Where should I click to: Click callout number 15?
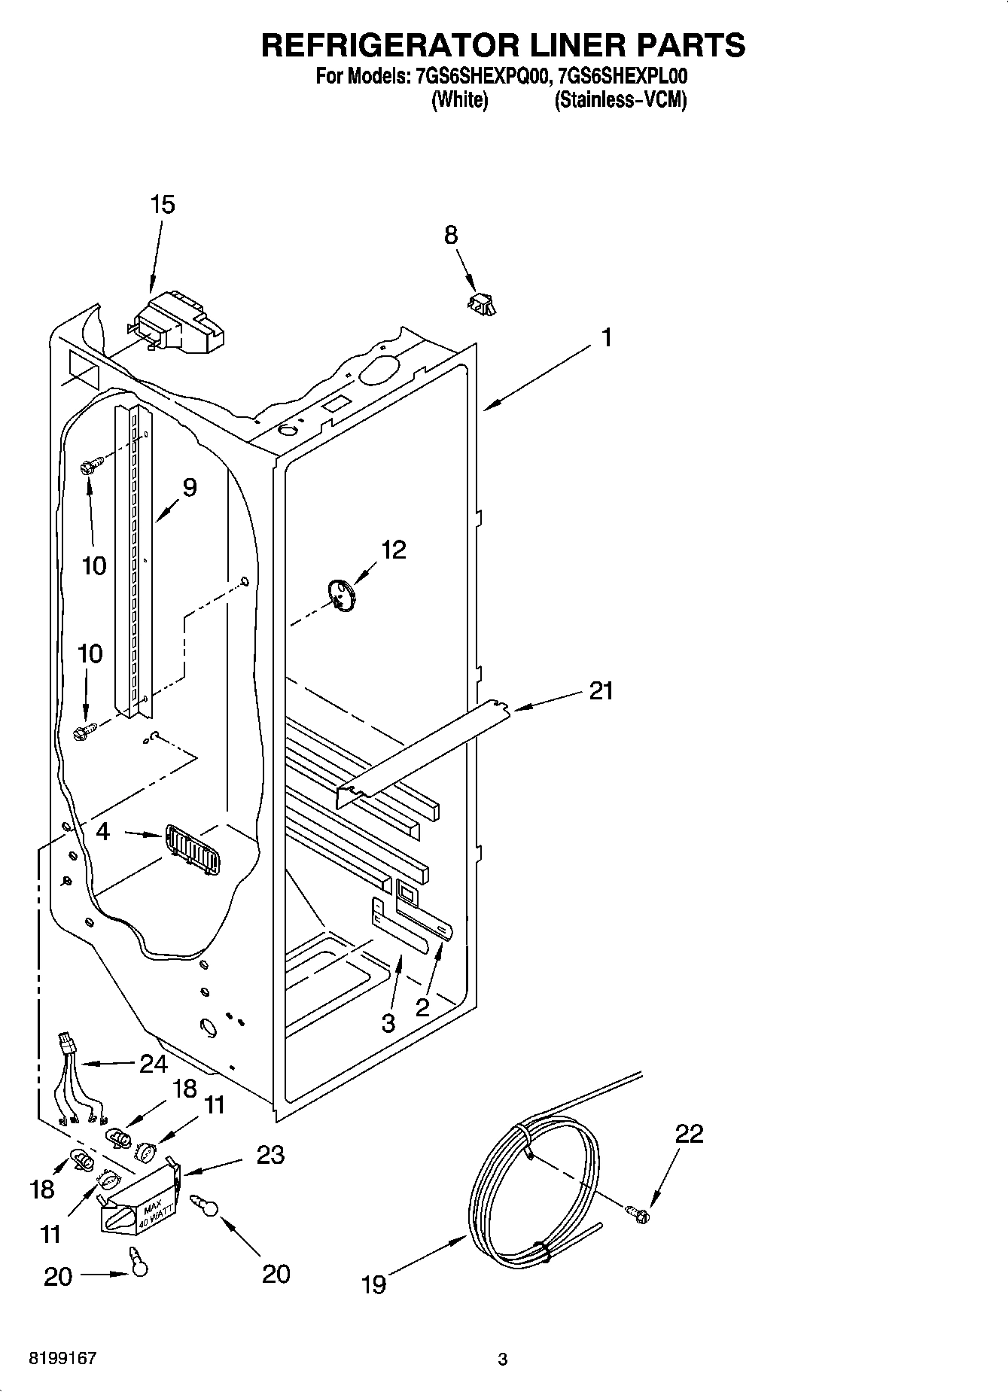(x=163, y=205)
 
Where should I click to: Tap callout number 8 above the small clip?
(x=450, y=236)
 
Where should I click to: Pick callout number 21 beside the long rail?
(x=601, y=690)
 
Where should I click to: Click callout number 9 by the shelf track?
(x=189, y=488)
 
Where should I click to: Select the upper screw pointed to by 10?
(x=87, y=467)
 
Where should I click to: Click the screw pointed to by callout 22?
(x=638, y=1213)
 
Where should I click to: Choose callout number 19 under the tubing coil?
(x=373, y=1284)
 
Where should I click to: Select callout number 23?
(x=270, y=1154)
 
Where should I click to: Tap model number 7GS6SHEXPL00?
(x=623, y=77)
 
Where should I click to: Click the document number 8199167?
(x=62, y=1359)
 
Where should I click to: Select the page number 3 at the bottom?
(x=503, y=1360)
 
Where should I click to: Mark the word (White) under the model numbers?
(x=459, y=100)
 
